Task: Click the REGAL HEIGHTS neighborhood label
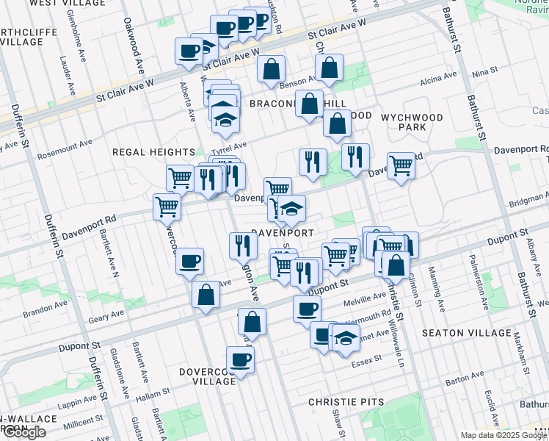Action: click(153, 152)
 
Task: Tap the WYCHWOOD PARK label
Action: click(412, 122)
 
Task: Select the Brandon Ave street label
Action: click(46, 312)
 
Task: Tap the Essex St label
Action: click(367, 359)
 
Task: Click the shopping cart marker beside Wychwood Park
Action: click(401, 165)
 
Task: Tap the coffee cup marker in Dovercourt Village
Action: click(241, 360)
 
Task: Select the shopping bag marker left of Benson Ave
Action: click(272, 69)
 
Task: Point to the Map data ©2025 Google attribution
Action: click(505, 435)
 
